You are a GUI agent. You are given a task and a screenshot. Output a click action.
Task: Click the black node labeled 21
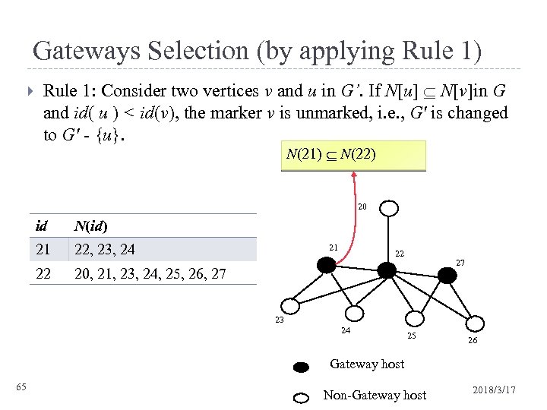tap(327, 264)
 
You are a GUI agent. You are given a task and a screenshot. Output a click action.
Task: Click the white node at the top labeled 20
tap(389, 209)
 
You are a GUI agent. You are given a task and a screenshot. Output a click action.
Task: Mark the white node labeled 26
tap(474, 323)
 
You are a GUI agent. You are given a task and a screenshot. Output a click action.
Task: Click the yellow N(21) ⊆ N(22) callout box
tap(353, 156)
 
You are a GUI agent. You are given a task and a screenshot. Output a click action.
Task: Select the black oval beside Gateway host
tap(302, 367)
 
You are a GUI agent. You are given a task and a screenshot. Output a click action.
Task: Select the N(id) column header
tap(93, 225)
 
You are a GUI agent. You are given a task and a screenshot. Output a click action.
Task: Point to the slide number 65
tap(21, 388)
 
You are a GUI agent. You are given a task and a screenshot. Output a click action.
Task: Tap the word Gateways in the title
tap(84, 51)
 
